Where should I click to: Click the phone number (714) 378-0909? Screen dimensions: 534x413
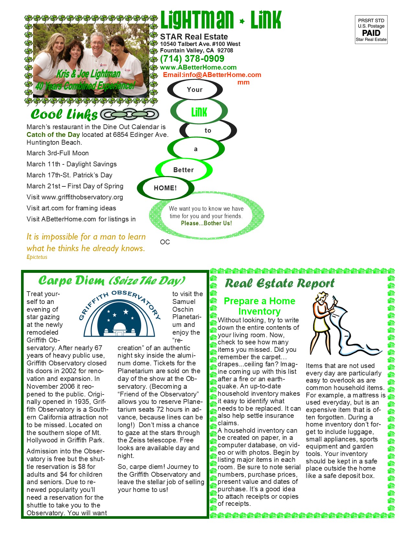pyautogui.click(x=192, y=59)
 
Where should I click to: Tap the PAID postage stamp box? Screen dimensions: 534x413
pyautogui.click(x=371, y=30)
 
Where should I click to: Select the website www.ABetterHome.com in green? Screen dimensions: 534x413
pyautogui.click(x=198, y=67)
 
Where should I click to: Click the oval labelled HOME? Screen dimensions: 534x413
pyautogui.click(x=165, y=188)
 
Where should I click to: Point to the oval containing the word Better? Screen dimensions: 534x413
pyautogui.click(x=184, y=170)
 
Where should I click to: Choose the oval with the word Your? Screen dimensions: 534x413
pyautogui.click(x=195, y=90)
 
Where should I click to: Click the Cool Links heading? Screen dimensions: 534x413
pyautogui.click(x=64, y=114)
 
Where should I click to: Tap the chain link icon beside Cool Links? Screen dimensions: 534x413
pyautogui.click(x=130, y=114)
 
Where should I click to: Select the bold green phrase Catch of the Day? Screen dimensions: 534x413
pyautogui.click(x=53, y=135)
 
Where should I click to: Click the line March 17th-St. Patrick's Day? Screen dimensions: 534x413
pyautogui.click(x=69, y=175)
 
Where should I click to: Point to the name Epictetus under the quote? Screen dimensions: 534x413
pyautogui.click(x=37, y=257)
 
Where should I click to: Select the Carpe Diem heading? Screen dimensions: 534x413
pyautogui.click(x=112, y=281)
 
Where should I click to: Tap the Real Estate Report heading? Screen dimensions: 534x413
pyautogui.click(x=280, y=284)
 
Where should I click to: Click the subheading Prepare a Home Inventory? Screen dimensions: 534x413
pyautogui.click(x=259, y=306)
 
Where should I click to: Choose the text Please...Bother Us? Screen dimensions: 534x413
pyautogui.click(x=206, y=223)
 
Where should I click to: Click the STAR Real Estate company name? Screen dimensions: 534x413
pyautogui.click(x=194, y=37)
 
